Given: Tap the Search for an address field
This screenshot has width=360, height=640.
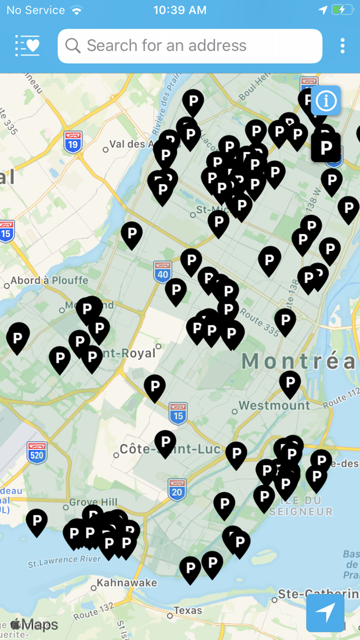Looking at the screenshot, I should pos(190,46).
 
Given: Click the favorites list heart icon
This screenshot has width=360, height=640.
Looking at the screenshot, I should pos(27,46).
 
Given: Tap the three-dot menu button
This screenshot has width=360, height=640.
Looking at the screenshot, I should pos(343,46).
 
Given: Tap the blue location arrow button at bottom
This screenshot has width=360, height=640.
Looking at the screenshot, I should pos(325,613).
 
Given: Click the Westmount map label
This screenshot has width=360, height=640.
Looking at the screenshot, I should pos(274,405).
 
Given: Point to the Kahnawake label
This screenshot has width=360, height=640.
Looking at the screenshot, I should pos(127,583).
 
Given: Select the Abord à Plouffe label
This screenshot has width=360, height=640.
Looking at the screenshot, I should pos(49,281).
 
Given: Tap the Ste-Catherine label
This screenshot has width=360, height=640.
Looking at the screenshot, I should pos(318,594).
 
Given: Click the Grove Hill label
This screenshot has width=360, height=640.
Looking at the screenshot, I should pos(93,502).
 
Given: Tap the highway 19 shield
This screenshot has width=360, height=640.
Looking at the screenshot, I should pos(73,142).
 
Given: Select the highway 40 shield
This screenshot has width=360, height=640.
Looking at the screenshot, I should pos(163,271).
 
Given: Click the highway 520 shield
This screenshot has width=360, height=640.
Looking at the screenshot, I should pos(37,453).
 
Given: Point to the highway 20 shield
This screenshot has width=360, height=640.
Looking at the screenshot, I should pos(177,489).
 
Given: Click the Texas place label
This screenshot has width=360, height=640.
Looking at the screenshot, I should pos(187,611).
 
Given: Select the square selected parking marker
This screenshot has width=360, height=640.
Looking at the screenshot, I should pos(326,148).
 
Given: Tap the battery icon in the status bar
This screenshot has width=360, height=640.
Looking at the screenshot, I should pos(342,10).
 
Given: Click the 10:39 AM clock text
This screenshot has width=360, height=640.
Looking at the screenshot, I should pos(180,10).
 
